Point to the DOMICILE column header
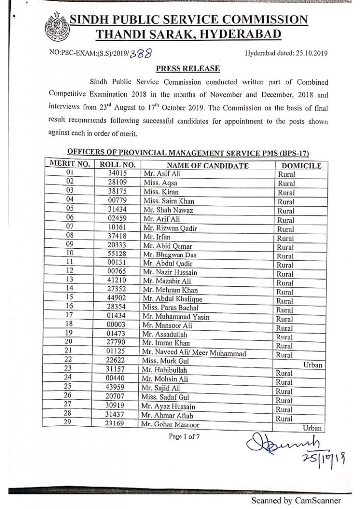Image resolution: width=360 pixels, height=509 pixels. [x=301, y=166]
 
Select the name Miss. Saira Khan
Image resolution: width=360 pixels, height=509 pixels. [x=169, y=201]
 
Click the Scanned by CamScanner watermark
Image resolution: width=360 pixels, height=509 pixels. [x=295, y=500]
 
